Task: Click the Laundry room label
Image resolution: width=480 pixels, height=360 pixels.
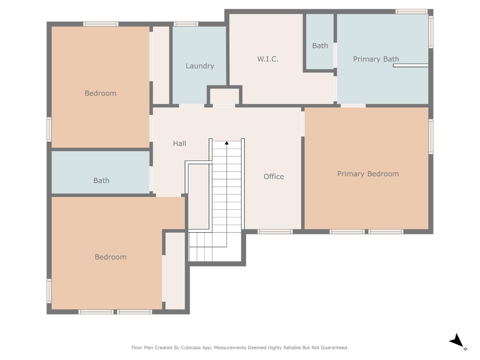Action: (x=200, y=66)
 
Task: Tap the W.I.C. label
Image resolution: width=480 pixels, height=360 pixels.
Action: (x=268, y=59)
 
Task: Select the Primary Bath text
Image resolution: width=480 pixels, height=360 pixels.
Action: (x=376, y=59)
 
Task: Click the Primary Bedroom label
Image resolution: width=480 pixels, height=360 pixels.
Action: (x=368, y=174)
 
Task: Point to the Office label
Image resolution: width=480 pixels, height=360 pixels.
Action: (x=274, y=176)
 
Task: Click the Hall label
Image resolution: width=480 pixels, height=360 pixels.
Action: (x=179, y=143)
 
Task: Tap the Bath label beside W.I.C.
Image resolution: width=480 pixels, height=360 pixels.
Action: (x=320, y=46)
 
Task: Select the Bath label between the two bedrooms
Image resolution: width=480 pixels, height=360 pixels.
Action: (x=101, y=180)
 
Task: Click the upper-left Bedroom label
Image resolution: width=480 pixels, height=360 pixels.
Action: (x=100, y=93)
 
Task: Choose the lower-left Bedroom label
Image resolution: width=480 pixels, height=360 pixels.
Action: (x=110, y=257)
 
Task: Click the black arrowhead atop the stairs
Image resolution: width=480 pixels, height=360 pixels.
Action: (x=227, y=143)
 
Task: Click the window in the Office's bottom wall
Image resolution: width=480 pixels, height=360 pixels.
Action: (x=275, y=232)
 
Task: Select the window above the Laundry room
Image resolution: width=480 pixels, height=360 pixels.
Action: (x=186, y=24)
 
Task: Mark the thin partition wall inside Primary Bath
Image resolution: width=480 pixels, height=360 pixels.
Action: (x=411, y=65)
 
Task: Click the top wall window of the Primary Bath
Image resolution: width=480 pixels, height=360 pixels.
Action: (x=411, y=12)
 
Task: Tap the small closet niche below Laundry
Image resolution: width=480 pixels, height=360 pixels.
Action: (x=224, y=96)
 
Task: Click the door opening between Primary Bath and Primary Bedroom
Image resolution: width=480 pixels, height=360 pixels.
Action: (x=353, y=106)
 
